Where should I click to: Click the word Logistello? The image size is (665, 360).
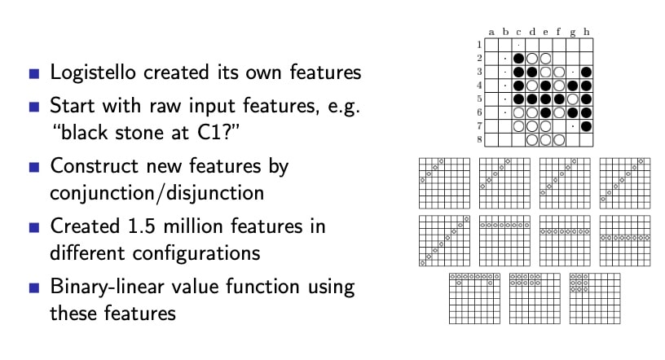(93, 72)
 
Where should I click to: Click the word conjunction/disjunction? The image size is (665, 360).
(157, 193)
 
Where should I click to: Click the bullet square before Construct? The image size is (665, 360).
(34, 167)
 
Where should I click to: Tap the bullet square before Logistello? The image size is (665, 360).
(34, 74)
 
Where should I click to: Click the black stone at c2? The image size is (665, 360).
(518, 59)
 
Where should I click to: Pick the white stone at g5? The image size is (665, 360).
(573, 99)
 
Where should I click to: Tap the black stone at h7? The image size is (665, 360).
(586, 126)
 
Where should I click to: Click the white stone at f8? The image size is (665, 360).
(559, 140)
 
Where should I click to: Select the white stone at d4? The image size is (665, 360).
(532, 86)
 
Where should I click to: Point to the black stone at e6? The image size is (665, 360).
(545, 112)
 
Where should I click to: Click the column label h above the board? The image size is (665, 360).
(586, 32)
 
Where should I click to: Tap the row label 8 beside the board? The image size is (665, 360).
(479, 139)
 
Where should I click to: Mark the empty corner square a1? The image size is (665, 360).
(491, 45)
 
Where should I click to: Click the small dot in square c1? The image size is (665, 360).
(518, 45)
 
